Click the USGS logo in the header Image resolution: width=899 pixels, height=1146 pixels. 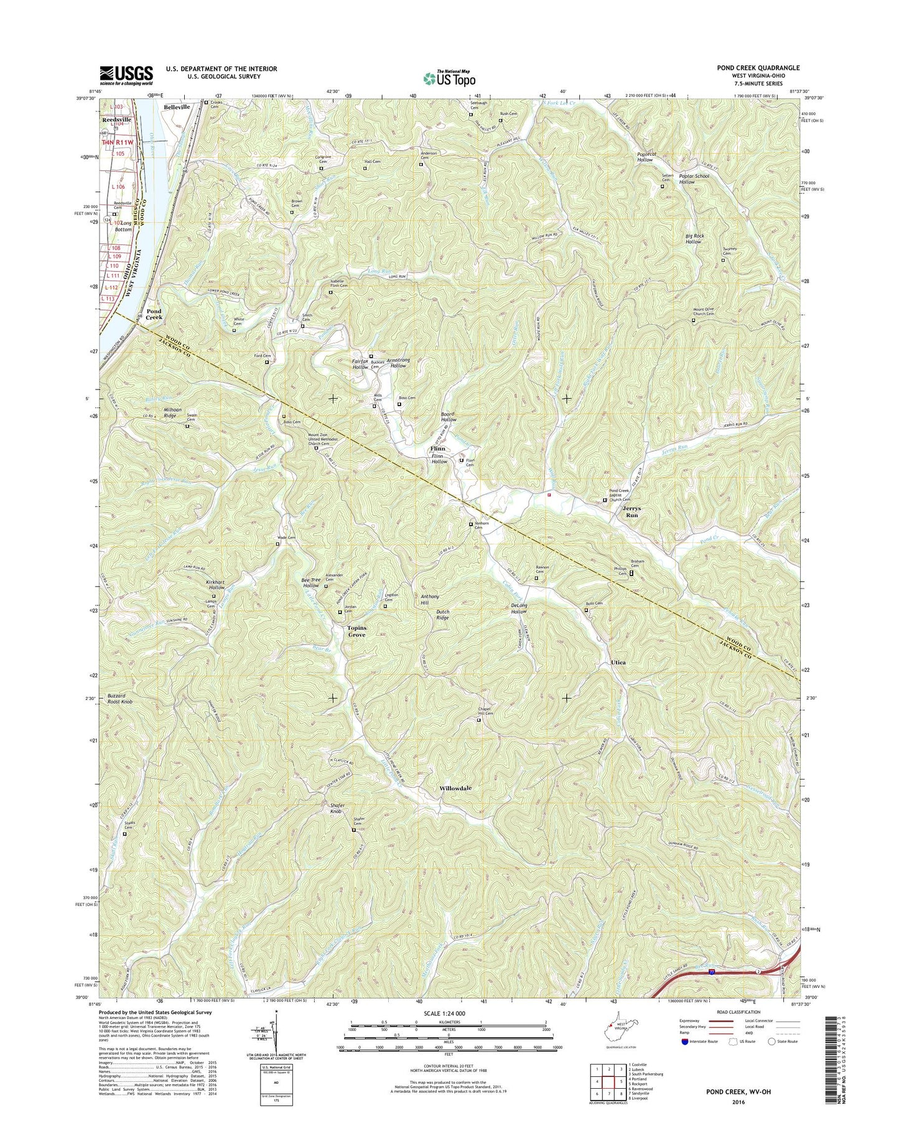[x=126, y=75]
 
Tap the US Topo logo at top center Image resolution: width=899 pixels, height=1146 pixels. [x=449, y=78]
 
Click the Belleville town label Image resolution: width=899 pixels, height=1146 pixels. [x=177, y=107]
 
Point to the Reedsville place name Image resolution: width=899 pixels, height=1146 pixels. [x=116, y=119]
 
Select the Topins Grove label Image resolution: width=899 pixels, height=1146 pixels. [x=357, y=631]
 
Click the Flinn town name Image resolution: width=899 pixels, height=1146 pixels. [x=438, y=448]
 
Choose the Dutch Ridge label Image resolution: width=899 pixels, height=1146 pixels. [x=442, y=615]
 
